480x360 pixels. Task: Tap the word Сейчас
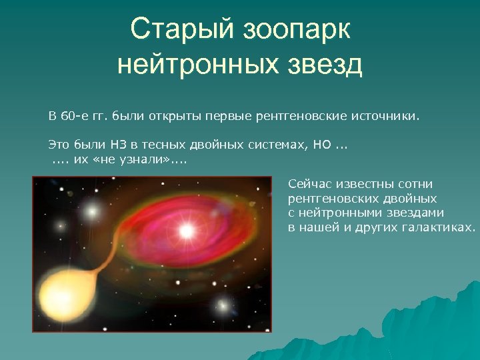[x=308, y=184]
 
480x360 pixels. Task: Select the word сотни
[x=414, y=184]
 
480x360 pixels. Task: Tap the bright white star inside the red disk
[x=187, y=231]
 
